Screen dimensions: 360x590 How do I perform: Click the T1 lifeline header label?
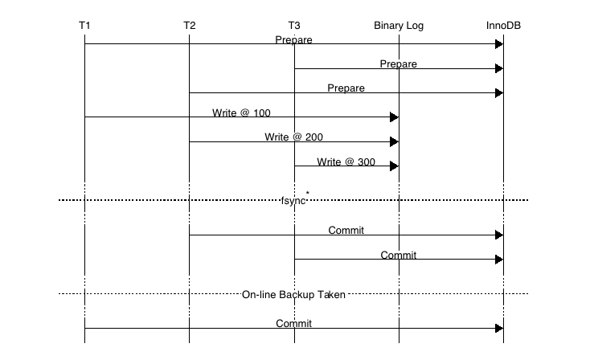coord(84,26)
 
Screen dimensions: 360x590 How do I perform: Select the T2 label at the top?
coord(189,26)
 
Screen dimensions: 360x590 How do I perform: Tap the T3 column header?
coord(294,26)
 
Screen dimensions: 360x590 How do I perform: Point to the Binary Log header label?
coord(399,26)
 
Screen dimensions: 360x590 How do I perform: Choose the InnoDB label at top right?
coord(503,26)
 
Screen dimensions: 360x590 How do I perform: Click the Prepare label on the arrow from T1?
coord(293,39)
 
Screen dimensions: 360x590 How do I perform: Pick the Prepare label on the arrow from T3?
coord(399,63)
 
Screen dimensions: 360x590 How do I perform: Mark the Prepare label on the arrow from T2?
coord(346,88)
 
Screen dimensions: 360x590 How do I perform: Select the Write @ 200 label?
coord(293,137)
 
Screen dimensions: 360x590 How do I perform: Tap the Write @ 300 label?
coord(346,162)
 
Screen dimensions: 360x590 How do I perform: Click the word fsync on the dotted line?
coord(293,200)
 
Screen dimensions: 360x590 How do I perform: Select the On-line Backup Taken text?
coord(293,295)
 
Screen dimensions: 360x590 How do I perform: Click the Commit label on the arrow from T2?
coord(346,231)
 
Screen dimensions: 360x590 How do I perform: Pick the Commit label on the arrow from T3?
coord(399,255)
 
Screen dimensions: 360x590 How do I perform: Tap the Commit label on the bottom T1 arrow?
coord(293,324)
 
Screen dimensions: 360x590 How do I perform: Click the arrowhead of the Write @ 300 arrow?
coord(394,166)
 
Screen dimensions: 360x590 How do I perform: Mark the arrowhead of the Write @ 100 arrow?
coord(394,117)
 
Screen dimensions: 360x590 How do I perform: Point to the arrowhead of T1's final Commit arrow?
coord(498,329)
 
